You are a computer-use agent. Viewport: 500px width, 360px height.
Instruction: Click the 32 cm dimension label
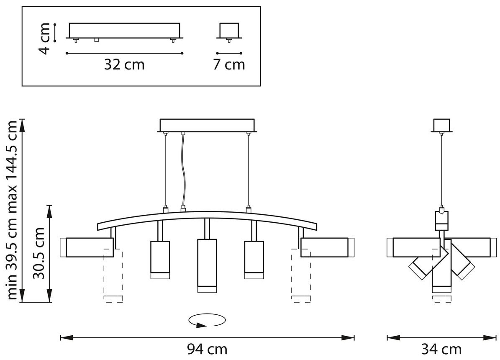pyautogui.click(x=124, y=65)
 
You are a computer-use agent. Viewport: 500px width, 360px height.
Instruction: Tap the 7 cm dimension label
pyautogui.click(x=229, y=65)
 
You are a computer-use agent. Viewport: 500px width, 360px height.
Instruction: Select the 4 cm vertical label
pyautogui.click(x=44, y=39)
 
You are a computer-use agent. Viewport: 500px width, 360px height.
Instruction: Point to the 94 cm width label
pyautogui.click(x=207, y=350)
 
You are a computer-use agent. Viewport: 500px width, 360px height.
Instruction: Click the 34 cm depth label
pyautogui.click(x=442, y=350)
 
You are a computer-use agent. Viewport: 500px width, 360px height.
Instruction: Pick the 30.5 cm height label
pyautogui.click(x=39, y=253)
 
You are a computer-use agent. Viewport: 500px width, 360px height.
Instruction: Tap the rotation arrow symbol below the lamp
pyautogui.click(x=207, y=320)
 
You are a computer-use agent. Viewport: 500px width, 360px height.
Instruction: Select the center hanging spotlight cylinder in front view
pyautogui.click(x=207, y=265)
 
